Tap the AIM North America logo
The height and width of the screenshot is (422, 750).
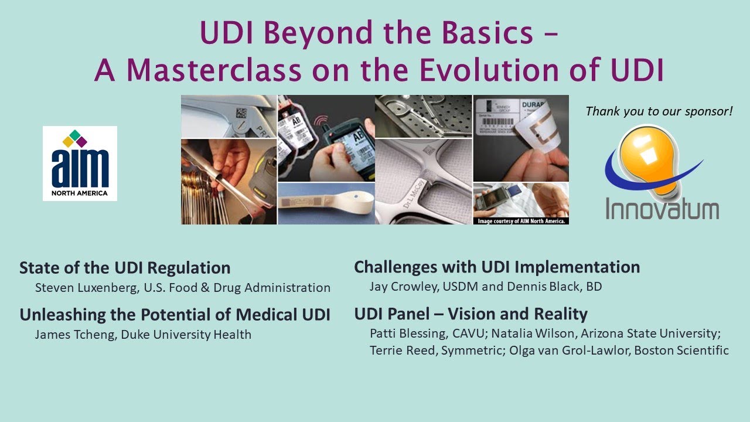(x=80, y=164)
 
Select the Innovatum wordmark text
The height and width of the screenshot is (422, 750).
(x=662, y=208)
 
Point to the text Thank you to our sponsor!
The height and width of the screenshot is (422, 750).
(x=659, y=110)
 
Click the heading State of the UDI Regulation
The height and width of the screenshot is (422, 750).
(x=125, y=268)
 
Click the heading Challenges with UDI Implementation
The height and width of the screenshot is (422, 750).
(x=497, y=267)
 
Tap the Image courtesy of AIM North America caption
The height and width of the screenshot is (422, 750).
(x=521, y=221)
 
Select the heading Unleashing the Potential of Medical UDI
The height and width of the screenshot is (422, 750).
(x=175, y=315)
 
